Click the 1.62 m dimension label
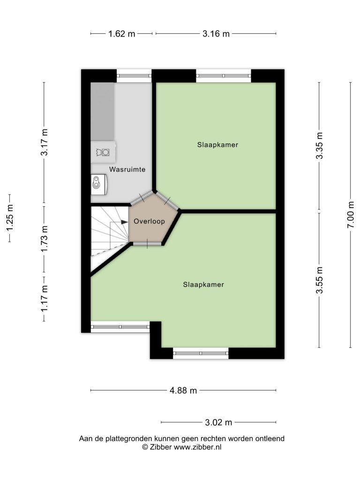click(x=121, y=34)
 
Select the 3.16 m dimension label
click(x=216, y=34)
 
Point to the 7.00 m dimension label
click(x=351, y=215)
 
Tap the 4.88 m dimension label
click(x=183, y=390)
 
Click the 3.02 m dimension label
click(x=218, y=422)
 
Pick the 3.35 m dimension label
click(x=319, y=146)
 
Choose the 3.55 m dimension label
click(x=319, y=280)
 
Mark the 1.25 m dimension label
click(x=10, y=218)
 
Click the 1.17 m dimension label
click(x=45, y=299)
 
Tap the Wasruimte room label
click(x=127, y=169)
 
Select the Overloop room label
click(x=150, y=221)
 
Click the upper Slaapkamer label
click(x=217, y=145)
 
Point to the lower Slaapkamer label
click(x=203, y=285)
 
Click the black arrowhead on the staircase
click(x=124, y=222)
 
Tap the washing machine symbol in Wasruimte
click(x=103, y=152)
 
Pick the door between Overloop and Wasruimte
click(x=142, y=198)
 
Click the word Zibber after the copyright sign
click(x=161, y=447)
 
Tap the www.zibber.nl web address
click(x=198, y=447)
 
